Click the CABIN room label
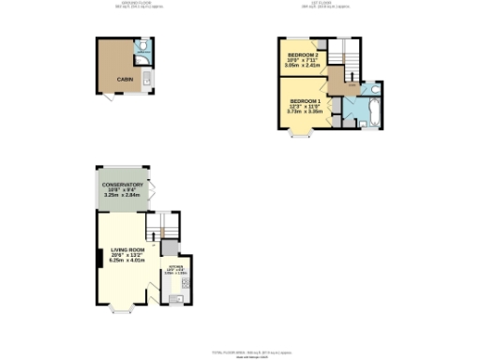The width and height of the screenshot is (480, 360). coord(123,80)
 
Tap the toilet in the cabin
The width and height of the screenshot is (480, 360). coord(142,45)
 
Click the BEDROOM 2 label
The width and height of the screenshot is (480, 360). coord(304,56)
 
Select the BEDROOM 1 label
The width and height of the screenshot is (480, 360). coord(306,100)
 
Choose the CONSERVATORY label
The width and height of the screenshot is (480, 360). coord(123,185)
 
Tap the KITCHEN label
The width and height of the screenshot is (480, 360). coord(175,267)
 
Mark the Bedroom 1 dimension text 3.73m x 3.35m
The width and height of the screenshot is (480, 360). coord(306,112)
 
